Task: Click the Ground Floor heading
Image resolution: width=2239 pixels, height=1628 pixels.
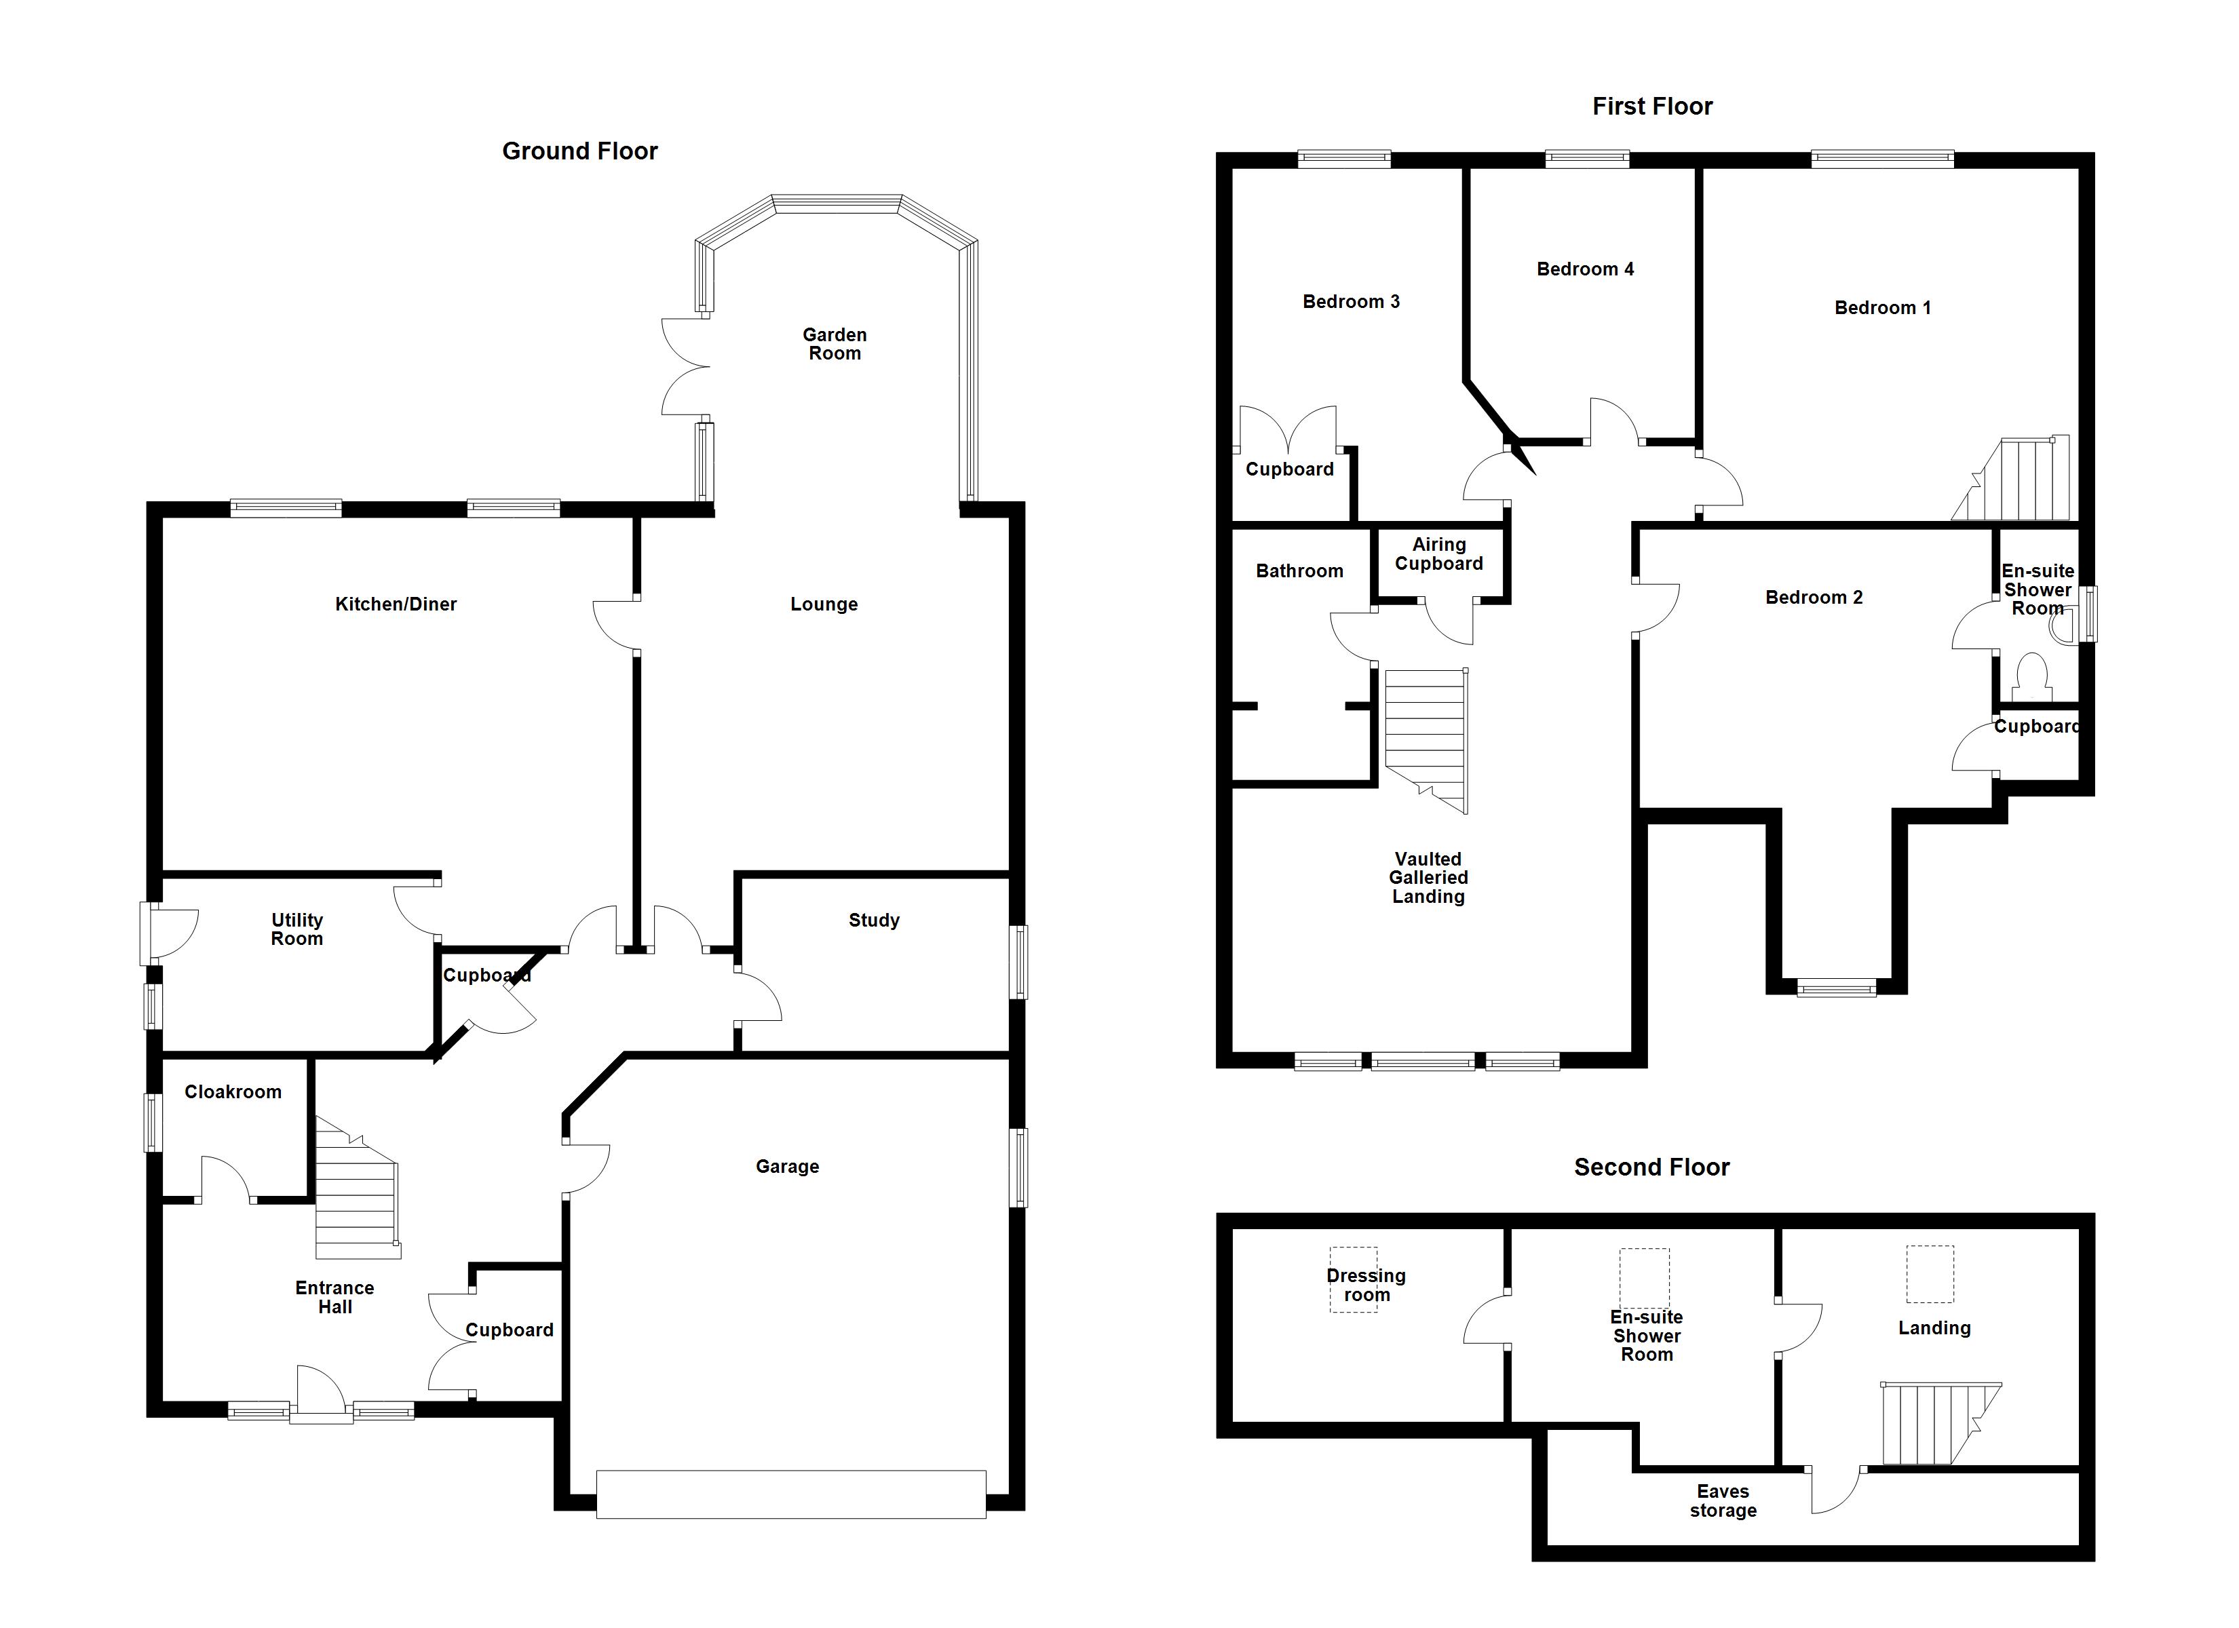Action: pos(579,151)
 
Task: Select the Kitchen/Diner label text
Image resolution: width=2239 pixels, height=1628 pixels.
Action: pos(396,604)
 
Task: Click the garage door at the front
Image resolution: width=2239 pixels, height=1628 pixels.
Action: pos(790,1494)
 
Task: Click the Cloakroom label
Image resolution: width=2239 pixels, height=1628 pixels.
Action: pos(233,1092)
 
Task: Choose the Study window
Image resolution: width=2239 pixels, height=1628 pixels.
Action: pos(1018,962)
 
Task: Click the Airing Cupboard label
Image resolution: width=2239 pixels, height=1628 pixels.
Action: pos(1438,554)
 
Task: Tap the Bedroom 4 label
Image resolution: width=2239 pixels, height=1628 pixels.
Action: pos(1584,269)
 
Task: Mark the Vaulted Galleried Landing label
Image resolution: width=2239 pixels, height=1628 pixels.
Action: pos(1428,878)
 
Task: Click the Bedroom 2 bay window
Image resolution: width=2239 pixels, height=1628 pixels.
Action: pos(1836,987)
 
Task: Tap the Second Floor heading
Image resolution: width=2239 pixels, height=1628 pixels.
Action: pos(1651,1167)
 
